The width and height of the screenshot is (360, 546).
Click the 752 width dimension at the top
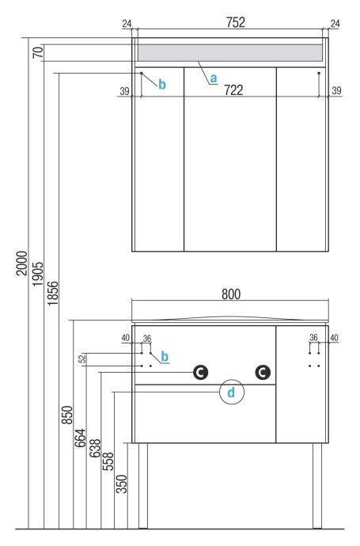point(236,22)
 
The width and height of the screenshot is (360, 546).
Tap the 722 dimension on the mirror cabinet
point(233,90)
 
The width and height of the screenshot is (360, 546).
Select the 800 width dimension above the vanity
point(231,294)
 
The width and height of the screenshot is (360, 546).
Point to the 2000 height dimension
point(21,264)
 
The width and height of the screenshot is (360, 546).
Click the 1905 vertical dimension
point(38,275)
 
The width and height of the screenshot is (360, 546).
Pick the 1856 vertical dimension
point(53,294)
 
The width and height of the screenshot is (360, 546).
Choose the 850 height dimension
point(67,415)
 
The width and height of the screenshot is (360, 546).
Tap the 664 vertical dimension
point(80,438)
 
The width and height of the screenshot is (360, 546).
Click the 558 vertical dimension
point(108,461)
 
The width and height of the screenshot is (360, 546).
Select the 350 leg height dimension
point(122,484)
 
